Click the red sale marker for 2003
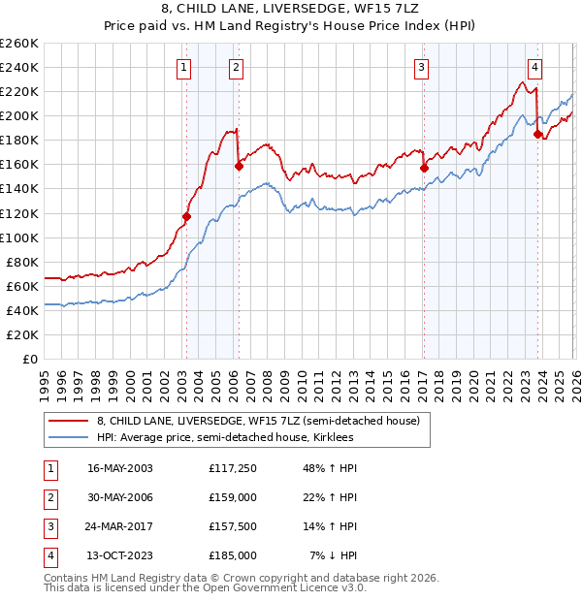pos(186,216)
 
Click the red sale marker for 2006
pos(239,166)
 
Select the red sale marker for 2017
pos(424,168)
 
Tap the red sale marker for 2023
pos(537,135)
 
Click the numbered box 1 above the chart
pos(184,67)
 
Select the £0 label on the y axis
pos(30,359)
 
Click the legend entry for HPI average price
pos(225,438)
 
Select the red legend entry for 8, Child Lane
pos(257,422)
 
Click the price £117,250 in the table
pos(232,468)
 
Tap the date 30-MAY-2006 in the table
pos(120,497)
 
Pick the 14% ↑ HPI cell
pos(332,526)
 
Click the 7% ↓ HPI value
pos(334,555)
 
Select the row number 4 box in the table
pos(48,555)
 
